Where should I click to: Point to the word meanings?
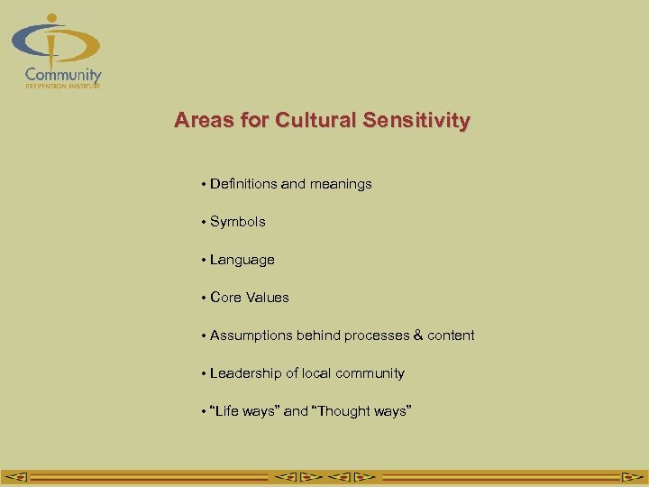[x=341, y=184]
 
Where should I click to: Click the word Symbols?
[x=238, y=222]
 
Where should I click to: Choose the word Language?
[x=242, y=260]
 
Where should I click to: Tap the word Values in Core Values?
[x=269, y=298]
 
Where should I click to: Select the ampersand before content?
[x=417, y=335]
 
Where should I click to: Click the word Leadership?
[x=243, y=373]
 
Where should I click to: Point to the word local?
[x=305, y=373]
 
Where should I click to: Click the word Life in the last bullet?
[x=225, y=411]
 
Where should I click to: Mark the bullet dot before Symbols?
[x=205, y=222]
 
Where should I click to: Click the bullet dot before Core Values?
[x=205, y=298]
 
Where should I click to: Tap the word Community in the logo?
[x=63, y=75]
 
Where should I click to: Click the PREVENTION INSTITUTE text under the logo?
[x=62, y=86]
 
